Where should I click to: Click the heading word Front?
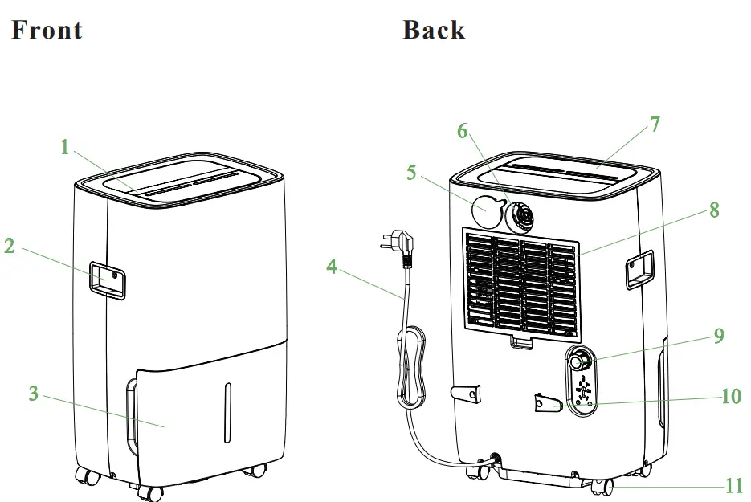click(47, 31)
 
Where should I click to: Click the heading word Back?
click(434, 31)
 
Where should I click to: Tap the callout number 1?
click(65, 147)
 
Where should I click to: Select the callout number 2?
click(10, 246)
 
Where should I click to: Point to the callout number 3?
click(33, 394)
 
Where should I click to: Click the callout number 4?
click(332, 266)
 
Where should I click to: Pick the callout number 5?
click(411, 173)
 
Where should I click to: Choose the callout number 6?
click(463, 131)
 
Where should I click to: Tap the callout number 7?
click(655, 124)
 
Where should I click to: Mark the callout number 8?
click(713, 210)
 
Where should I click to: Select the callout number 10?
click(732, 396)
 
